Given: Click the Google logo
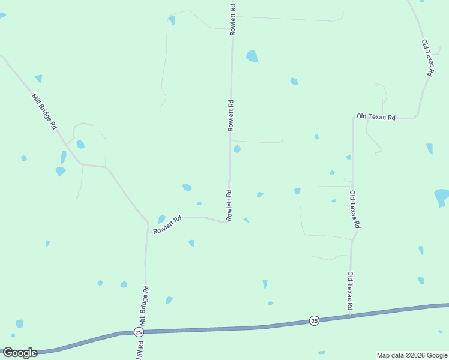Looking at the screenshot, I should tap(20, 353).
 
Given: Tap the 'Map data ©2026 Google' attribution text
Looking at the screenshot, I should tap(412, 355).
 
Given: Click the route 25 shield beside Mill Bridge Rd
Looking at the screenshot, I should tap(139, 332).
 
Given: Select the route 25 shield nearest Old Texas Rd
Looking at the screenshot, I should tap(314, 321).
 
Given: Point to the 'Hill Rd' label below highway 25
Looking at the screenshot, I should tap(140, 350).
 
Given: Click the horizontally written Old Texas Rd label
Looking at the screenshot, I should tap(376, 117).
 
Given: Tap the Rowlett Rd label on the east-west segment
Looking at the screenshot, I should tap(167, 226).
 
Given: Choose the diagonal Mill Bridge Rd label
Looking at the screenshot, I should tap(44, 112).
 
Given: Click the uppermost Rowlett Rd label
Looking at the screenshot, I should tap(233, 20).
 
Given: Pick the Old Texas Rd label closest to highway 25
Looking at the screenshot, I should tap(349, 292).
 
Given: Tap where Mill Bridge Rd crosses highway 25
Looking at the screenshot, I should tap(145, 331).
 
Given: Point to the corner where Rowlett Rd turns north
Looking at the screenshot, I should tap(228, 222).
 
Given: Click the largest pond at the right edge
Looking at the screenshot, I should tap(442, 197).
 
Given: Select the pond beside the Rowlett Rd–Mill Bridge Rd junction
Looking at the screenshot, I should tap(161, 219).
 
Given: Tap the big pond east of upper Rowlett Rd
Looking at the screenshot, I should tap(252, 56).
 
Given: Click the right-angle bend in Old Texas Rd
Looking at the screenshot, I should tap(353, 119).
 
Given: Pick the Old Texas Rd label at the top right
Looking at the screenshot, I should tap(427, 58).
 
